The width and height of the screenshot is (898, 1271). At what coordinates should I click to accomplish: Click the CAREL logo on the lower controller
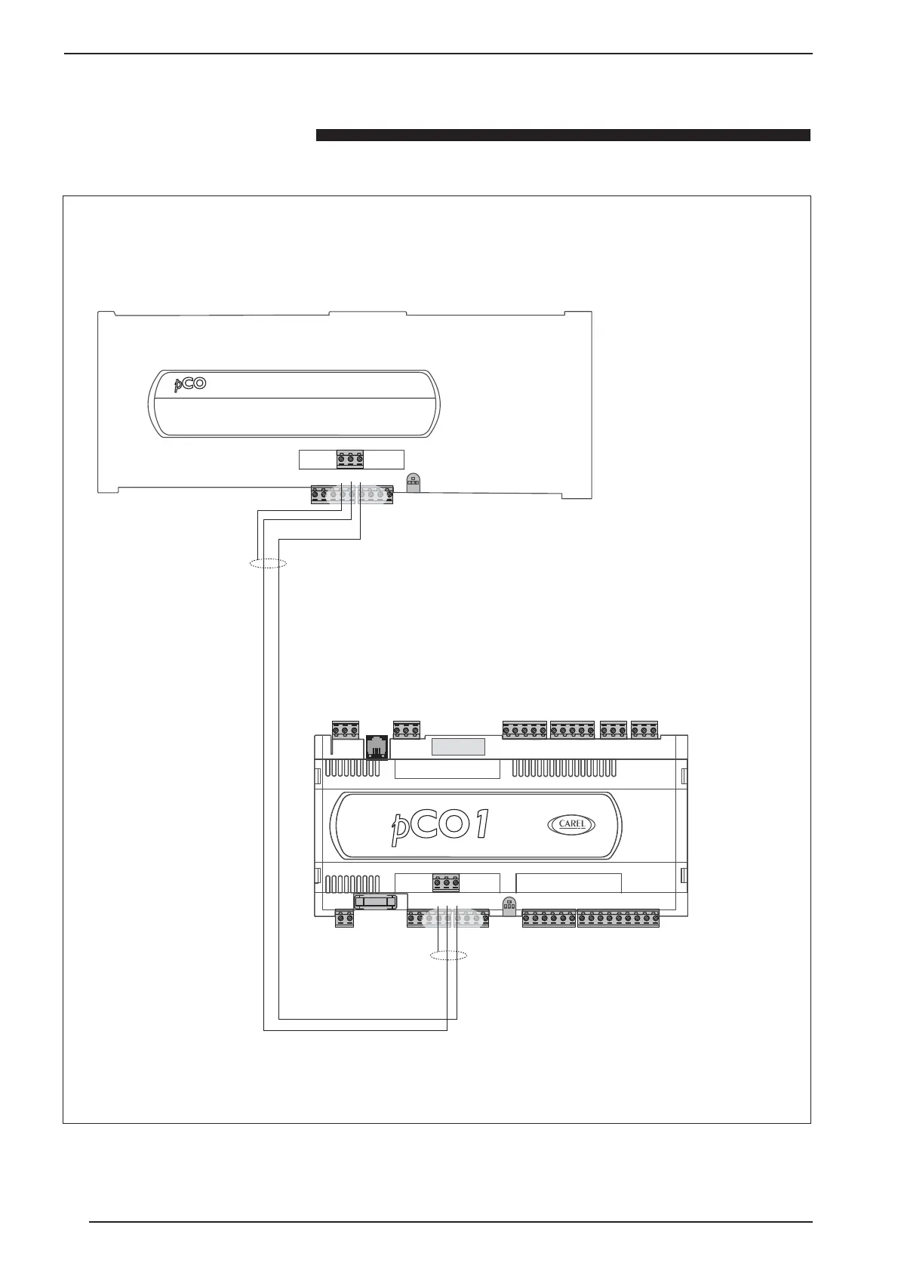(571, 824)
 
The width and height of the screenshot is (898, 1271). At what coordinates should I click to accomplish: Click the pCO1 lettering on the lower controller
(441, 824)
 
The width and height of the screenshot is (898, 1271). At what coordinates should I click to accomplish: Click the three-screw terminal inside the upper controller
(350, 459)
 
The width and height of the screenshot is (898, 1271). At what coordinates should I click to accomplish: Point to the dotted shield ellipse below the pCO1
(448, 956)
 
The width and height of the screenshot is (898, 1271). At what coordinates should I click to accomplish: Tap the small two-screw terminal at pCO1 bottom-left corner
(344, 919)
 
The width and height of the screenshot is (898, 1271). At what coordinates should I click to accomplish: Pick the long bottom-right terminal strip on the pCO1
(618, 919)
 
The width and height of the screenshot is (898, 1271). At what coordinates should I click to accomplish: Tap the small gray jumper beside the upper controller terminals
(413, 482)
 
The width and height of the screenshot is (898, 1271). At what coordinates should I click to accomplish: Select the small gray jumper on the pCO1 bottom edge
(509, 906)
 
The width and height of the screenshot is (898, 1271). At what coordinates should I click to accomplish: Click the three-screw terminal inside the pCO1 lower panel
(447, 882)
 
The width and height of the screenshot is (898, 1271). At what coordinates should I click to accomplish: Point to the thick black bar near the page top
(562, 136)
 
